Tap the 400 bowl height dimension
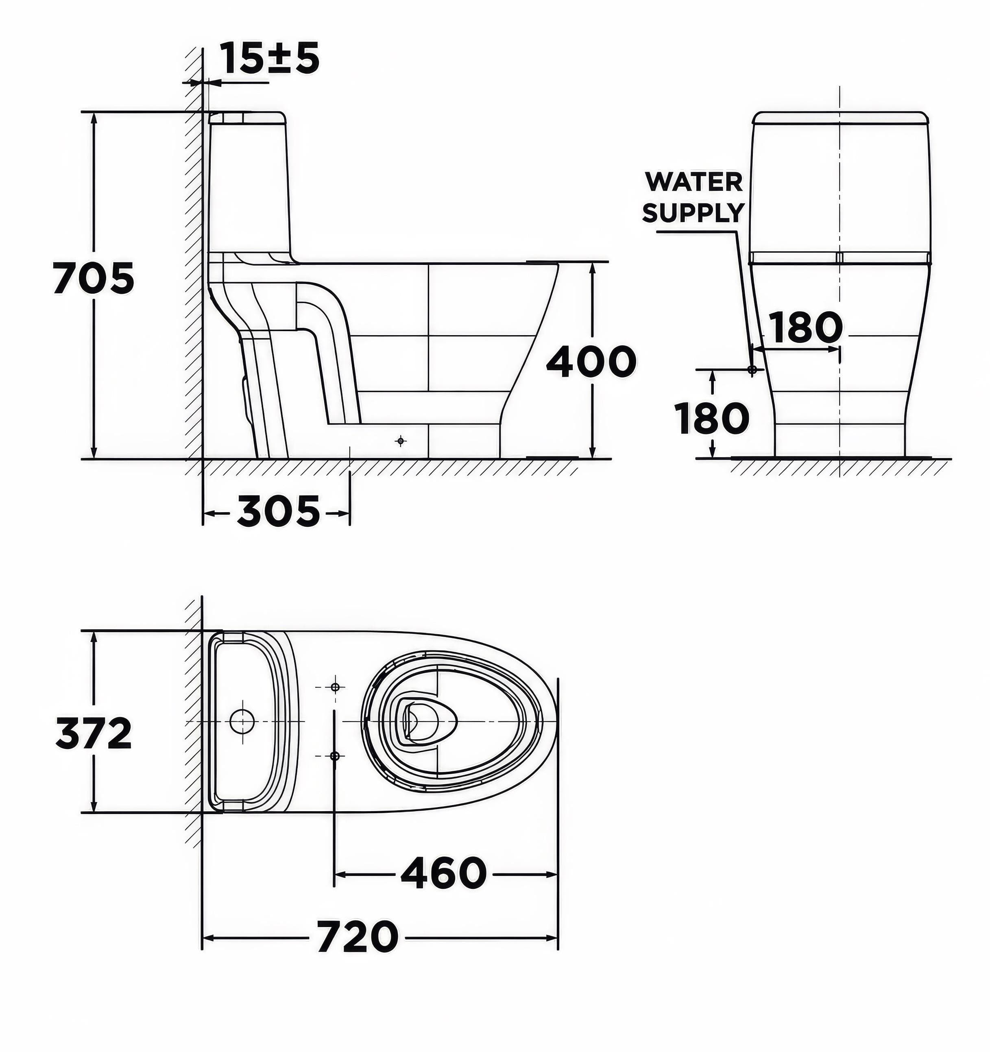click(591, 362)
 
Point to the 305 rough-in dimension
click(278, 512)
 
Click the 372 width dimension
click(94, 733)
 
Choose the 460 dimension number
click(443, 873)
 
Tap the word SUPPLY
click(693, 213)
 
